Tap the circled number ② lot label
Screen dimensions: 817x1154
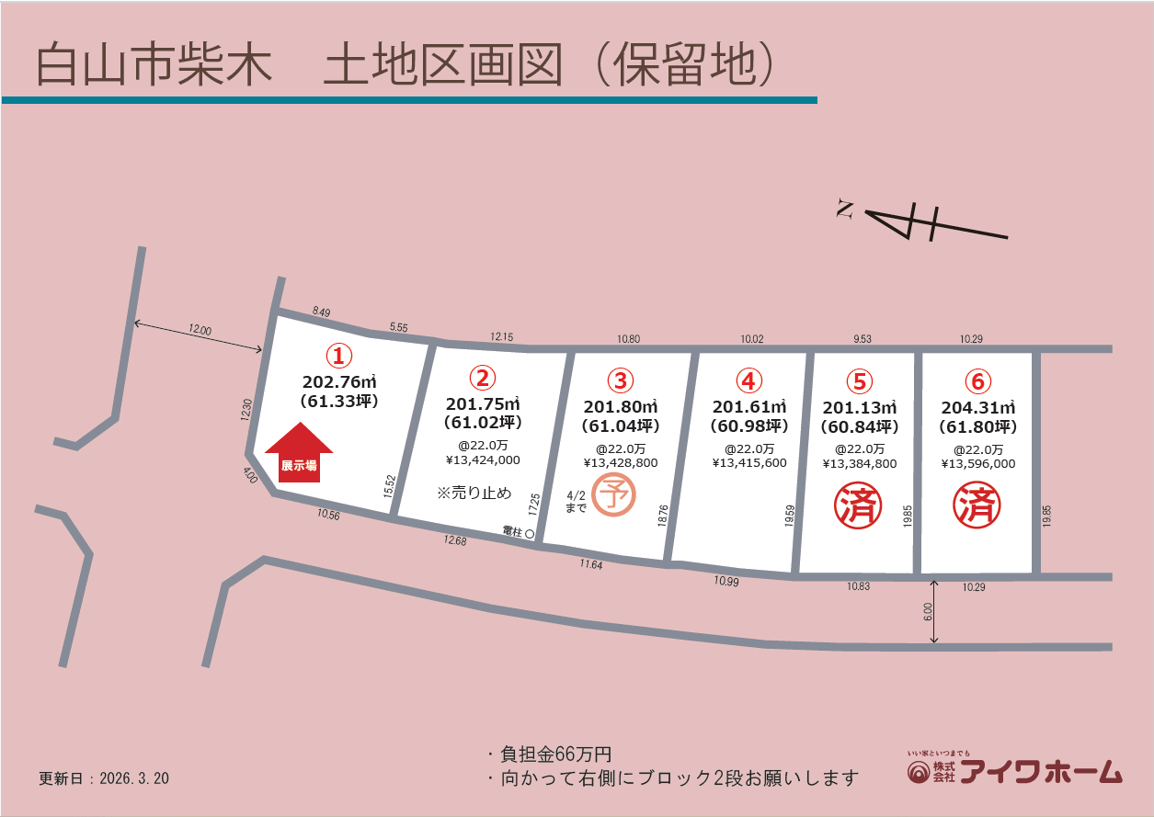tap(483, 376)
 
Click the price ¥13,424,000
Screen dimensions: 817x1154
tap(483, 460)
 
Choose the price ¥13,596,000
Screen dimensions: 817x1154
tap(977, 463)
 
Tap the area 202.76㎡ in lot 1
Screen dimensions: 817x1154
tap(339, 381)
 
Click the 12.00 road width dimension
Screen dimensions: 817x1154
tap(200, 330)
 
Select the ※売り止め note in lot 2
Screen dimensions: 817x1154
tap(474, 493)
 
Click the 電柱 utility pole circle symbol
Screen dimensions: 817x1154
tap(530, 532)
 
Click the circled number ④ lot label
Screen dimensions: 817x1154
tap(749, 380)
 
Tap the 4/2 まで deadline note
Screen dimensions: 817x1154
tap(576, 501)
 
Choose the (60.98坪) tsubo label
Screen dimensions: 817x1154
tap(749, 426)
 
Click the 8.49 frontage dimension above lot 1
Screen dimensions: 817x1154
tap(321, 312)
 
